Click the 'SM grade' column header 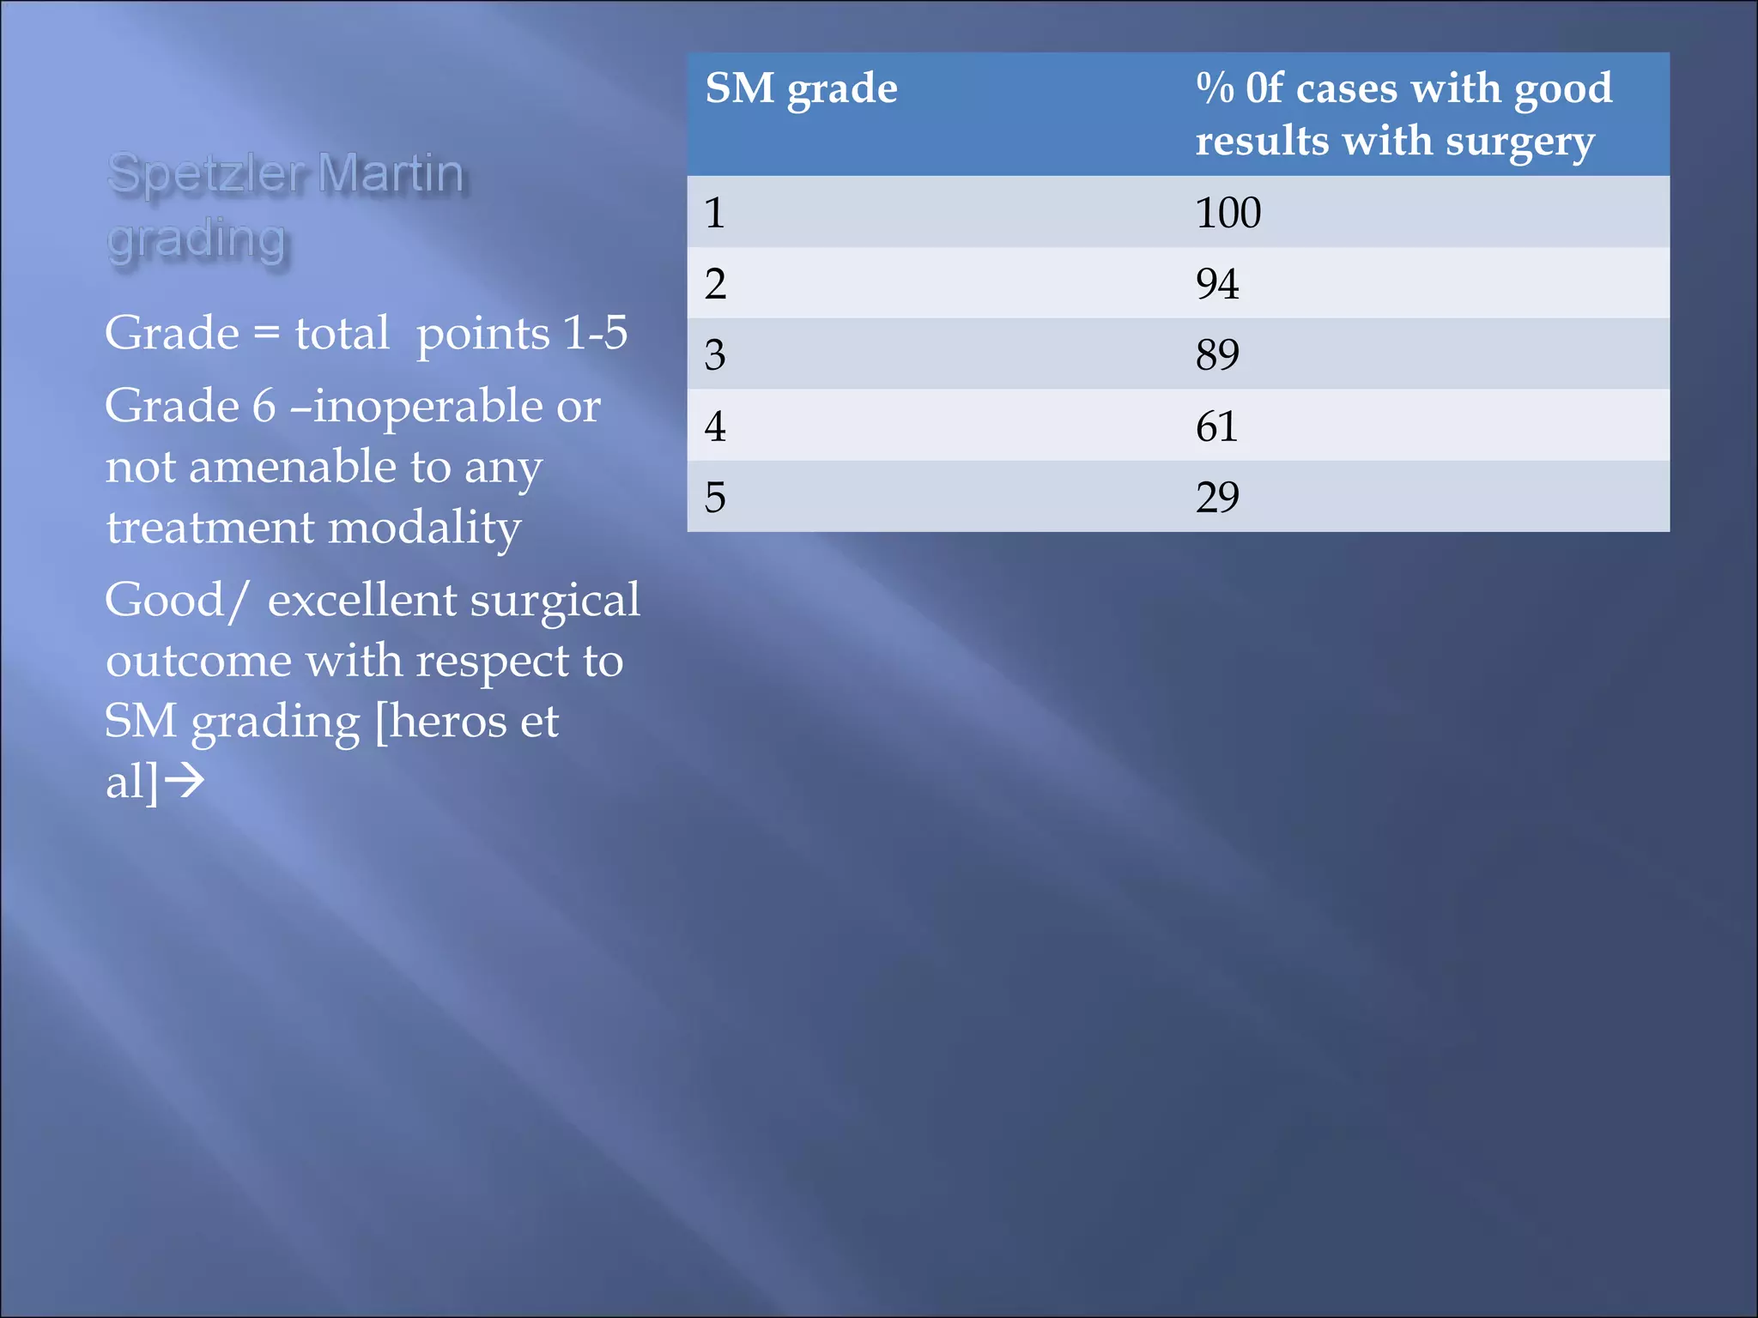click(801, 89)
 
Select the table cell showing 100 click(1228, 213)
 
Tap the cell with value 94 click(1217, 284)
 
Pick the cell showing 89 click(1217, 355)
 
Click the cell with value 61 click(1216, 426)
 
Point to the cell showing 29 click(1217, 498)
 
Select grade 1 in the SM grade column click(715, 213)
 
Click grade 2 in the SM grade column click(715, 284)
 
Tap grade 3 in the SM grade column click(715, 355)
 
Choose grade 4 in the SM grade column click(715, 426)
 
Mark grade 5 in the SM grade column click(715, 498)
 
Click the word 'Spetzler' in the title click(206, 174)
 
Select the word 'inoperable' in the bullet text click(427, 406)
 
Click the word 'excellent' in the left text click(361, 600)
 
